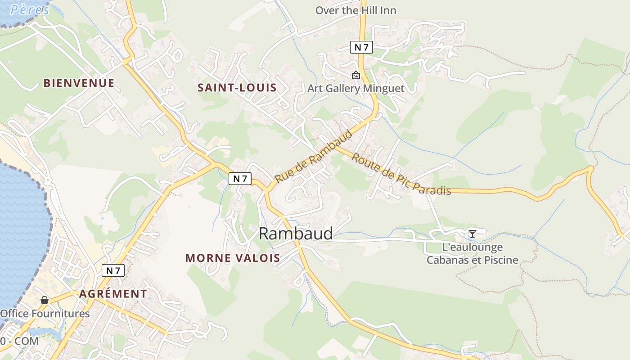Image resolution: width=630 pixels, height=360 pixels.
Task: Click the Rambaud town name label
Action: point(296,234)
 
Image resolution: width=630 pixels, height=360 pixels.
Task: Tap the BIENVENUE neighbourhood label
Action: point(79,83)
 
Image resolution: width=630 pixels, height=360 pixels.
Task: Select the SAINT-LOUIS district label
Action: point(237,88)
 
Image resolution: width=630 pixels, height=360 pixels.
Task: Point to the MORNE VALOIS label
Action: point(233,258)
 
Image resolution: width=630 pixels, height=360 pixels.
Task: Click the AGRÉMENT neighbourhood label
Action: point(113,294)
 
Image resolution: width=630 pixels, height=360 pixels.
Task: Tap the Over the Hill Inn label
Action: point(355,10)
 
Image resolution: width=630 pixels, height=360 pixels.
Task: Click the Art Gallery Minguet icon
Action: point(356,75)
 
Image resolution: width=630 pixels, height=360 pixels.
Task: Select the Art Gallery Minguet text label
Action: point(355,89)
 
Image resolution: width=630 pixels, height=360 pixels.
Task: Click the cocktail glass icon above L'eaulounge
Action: point(472,234)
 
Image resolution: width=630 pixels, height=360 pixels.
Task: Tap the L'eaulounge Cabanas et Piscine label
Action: point(472,254)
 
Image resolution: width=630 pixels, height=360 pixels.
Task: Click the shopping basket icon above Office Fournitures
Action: point(45,300)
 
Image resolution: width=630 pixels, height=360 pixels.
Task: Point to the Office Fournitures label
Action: point(45,314)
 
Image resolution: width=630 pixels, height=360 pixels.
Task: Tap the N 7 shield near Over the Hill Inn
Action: point(361,47)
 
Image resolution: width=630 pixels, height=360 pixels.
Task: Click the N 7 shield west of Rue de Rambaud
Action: point(240,179)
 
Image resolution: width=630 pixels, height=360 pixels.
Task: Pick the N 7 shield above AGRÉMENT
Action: point(113,270)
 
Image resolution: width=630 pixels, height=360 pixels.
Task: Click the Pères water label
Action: point(29,9)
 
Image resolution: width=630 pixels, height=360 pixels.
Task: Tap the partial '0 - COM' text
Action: point(19,341)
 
